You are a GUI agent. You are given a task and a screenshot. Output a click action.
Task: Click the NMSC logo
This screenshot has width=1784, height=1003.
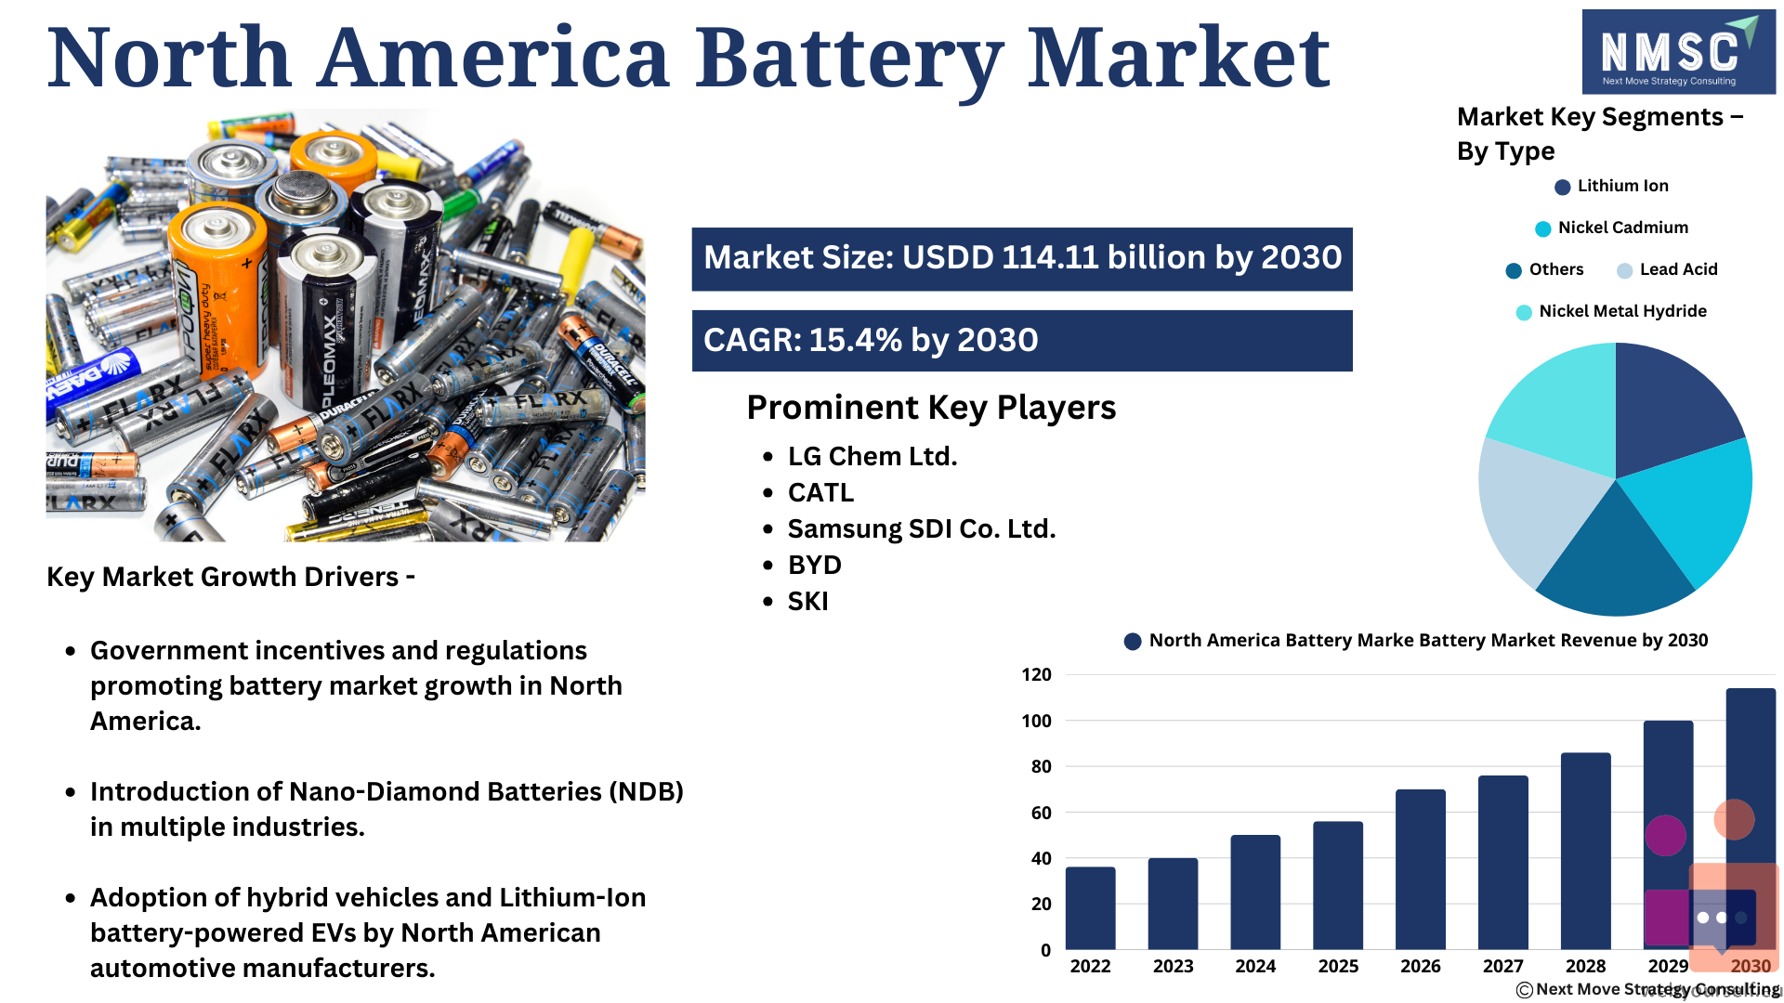point(1678,52)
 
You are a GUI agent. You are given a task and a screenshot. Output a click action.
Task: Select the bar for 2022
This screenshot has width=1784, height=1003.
point(1090,908)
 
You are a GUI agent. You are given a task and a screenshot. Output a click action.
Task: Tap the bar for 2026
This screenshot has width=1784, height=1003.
point(1420,869)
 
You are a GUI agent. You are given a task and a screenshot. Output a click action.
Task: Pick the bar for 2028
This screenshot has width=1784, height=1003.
point(1585,851)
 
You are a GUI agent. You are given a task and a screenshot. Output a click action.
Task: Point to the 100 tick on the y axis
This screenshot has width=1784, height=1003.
point(1036,721)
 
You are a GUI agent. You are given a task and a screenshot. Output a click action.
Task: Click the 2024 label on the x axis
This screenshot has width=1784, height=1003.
point(1255,966)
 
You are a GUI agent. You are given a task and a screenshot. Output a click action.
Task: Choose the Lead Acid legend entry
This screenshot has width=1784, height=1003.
point(1667,269)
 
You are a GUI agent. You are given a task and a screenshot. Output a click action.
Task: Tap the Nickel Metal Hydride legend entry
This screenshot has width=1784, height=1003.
point(1611,311)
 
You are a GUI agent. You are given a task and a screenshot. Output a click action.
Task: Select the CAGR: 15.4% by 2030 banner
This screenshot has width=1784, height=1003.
point(1022,341)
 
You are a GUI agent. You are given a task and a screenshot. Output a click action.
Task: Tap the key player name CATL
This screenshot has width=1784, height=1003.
point(820,492)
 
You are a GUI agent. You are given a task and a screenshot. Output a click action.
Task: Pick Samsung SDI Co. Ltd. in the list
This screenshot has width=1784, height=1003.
point(922,528)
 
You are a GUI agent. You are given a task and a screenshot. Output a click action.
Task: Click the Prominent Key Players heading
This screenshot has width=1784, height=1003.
point(931,408)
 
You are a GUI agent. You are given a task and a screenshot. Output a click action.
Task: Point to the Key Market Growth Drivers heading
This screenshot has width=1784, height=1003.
point(230,577)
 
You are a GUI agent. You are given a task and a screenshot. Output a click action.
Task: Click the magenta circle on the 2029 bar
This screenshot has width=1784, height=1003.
point(1665,835)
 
